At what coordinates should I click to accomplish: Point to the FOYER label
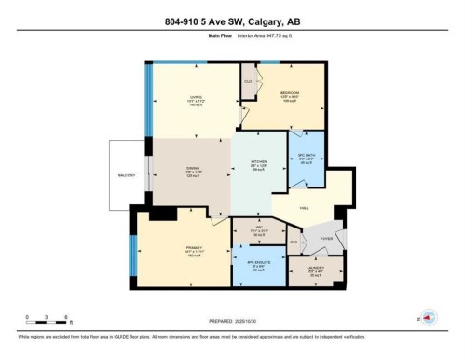(326, 237)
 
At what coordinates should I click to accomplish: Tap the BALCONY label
(126, 174)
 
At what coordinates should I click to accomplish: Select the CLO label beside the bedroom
(248, 81)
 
